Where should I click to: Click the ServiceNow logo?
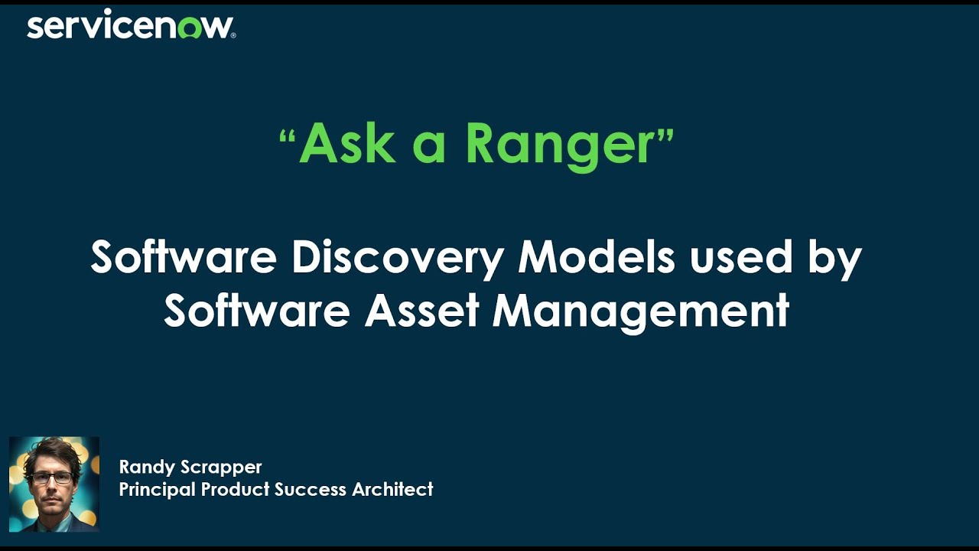(131, 27)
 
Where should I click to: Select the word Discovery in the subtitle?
(397, 259)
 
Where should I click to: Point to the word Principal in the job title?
(157, 490)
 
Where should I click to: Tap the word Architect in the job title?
(392, 489)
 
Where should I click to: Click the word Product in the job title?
(236, 489)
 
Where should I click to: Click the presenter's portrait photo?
(54, 484)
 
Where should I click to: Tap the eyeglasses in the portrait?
(52, 477)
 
